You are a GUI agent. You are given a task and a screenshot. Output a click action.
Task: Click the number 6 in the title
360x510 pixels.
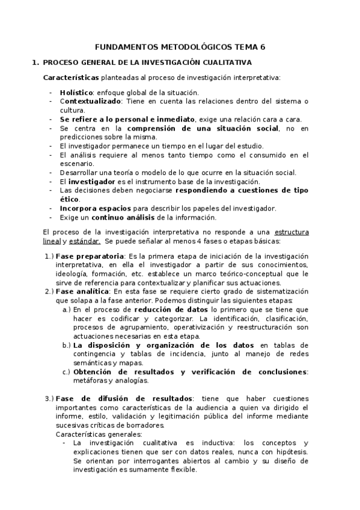(262, 46)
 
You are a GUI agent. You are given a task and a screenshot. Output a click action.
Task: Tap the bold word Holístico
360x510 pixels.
(76, 93)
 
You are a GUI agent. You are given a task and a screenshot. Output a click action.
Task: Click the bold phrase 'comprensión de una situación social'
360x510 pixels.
(203, 128)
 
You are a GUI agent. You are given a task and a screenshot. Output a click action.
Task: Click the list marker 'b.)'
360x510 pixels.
(66, 345)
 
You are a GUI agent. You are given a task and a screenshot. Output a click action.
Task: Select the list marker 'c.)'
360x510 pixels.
(66, 372)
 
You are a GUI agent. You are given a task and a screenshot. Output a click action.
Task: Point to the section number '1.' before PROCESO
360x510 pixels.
(35, 62)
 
